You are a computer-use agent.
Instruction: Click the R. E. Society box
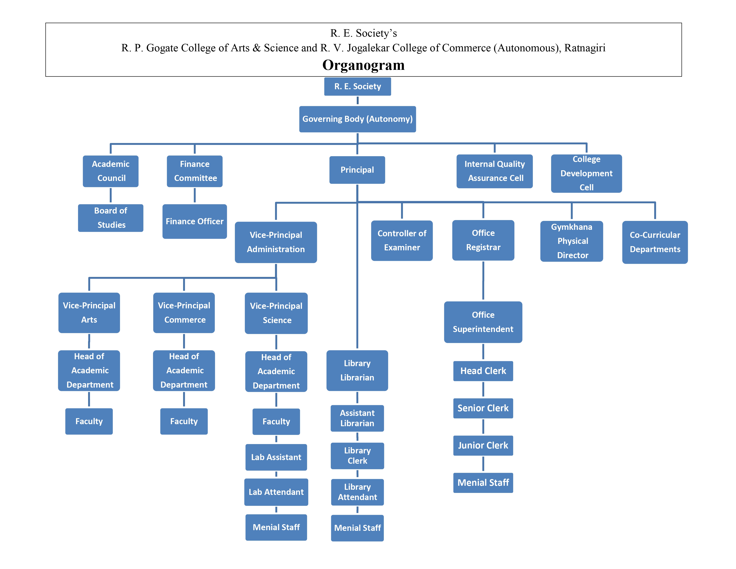click(357, 87)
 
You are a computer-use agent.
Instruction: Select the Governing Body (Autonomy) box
click(357, 119)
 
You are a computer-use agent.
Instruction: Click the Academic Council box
click(111, 171)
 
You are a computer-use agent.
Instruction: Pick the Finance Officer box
click(194, 222)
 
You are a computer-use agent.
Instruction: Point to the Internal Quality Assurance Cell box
click(494, 171)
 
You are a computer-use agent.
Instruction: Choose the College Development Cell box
click(586, 173)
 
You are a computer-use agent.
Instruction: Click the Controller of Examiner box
click(402, 240)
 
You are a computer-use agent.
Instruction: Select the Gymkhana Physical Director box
click(572, 241)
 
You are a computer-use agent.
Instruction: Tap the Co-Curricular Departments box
click(655, 242)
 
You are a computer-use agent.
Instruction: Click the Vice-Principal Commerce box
click(184, 312)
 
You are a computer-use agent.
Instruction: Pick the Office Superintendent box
click(483, 322)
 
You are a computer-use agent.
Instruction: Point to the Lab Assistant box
click(276, 457)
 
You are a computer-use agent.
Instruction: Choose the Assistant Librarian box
click(357, 418)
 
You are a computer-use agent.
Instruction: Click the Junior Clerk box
click(483, 445)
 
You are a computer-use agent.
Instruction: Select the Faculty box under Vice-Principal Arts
click(89, 421)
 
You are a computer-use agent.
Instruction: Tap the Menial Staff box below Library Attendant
click(357, 528)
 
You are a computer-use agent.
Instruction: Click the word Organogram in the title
click(363, 65)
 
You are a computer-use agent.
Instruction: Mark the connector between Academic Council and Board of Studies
click(111, 195)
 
